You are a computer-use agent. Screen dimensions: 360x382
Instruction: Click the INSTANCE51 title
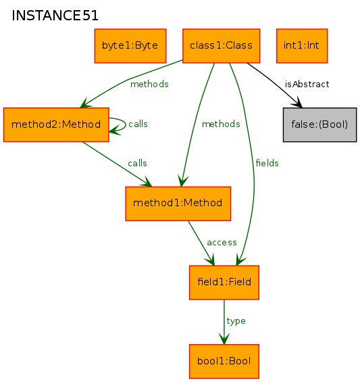tap(55, 16)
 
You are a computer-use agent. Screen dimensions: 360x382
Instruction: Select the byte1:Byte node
tap(130, 46)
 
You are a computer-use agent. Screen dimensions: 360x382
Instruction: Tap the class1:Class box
tap(222, 46)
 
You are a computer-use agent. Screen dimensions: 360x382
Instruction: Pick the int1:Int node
tap(302, 46)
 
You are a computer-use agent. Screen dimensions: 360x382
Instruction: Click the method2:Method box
tap(56, 124)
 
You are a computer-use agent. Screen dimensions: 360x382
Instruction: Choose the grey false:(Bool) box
tap(320, 124)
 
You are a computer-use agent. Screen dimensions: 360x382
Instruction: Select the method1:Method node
tap(178, 204)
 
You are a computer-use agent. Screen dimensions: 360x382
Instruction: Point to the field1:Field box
tap(224, 283)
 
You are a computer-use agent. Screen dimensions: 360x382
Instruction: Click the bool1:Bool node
tap(224, 361)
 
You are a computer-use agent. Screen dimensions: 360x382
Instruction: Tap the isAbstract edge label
tap(307, 85)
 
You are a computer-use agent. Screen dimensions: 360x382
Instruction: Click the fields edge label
tap(267, 163)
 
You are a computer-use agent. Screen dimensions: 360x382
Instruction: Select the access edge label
tap(222, 243)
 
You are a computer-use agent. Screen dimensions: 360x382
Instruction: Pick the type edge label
tap(236, 321)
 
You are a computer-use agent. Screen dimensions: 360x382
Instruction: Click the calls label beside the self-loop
tap(138, 124)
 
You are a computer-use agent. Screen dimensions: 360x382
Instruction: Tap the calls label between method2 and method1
tap(138, 163)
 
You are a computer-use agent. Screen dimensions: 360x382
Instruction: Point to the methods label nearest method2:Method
tap(149, 85)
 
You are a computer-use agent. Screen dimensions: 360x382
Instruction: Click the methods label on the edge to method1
tap(221, 124)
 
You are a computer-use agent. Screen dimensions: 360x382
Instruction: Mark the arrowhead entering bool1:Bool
tap(224, 339)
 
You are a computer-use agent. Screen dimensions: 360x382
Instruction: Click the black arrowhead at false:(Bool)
tap(297, 103)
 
